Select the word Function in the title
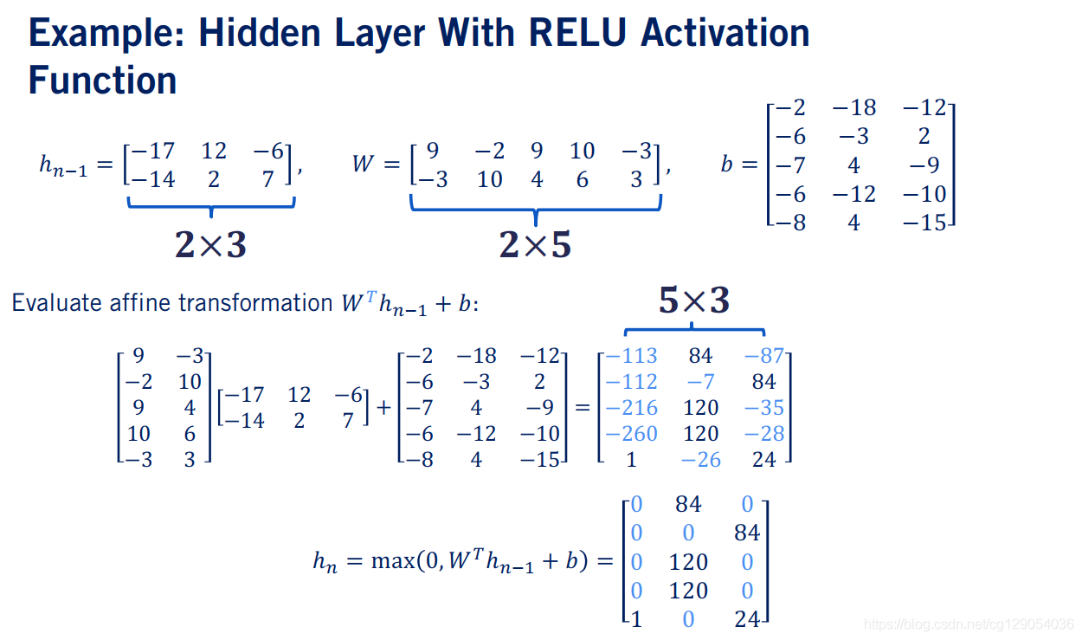click(102, 81)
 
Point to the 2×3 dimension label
click(210, 245)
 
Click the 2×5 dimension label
click(535, 245)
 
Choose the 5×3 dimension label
click(693, 301)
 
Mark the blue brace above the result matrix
click(694, 330)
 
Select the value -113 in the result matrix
click(631, 356)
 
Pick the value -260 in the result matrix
click(631, 433)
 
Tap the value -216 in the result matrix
click(631, 408)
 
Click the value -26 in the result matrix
click(700, 460)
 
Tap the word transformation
click(256, 303)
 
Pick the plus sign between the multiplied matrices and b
click(384, 408)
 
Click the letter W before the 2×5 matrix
click(364, 164)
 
